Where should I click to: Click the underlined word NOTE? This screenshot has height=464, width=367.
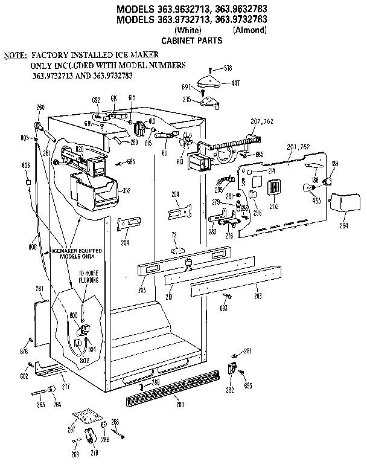pyautogui.click(x=14, y=54)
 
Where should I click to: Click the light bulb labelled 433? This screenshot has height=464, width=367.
pyautogui.click(x=315, y=185)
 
